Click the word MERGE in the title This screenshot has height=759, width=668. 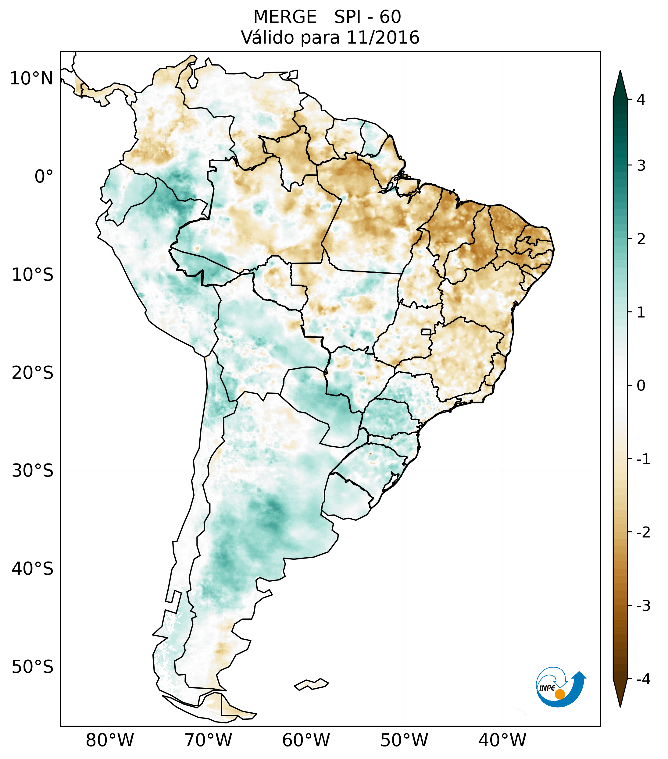(285, 17)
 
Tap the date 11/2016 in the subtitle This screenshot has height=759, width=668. (383, 37)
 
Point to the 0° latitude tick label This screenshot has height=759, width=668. (44, 177)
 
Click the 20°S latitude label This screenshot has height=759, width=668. (33, 373)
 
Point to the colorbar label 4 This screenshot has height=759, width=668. (641, 100)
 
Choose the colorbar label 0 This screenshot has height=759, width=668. (641, 386)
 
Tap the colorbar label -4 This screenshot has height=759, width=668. (643, 679)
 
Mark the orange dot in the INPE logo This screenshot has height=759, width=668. (559, 694)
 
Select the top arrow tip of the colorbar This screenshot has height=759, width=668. (620, 72)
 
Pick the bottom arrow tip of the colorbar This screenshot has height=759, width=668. (620, 706)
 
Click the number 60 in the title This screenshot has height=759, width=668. (390, 17)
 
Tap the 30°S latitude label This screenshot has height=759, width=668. (33, 471)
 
